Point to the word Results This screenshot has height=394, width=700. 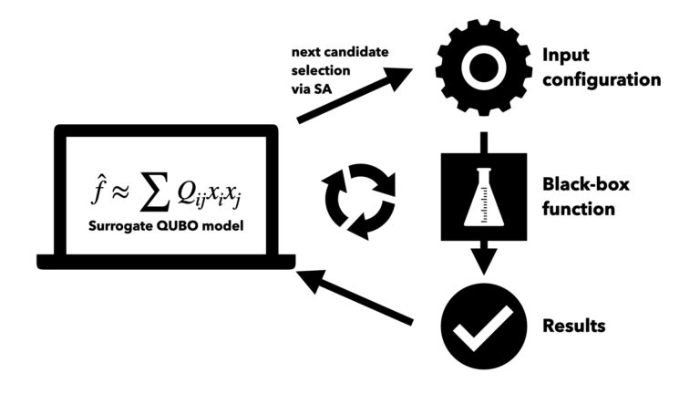[574, 326]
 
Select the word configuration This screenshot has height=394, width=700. [601, 79]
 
